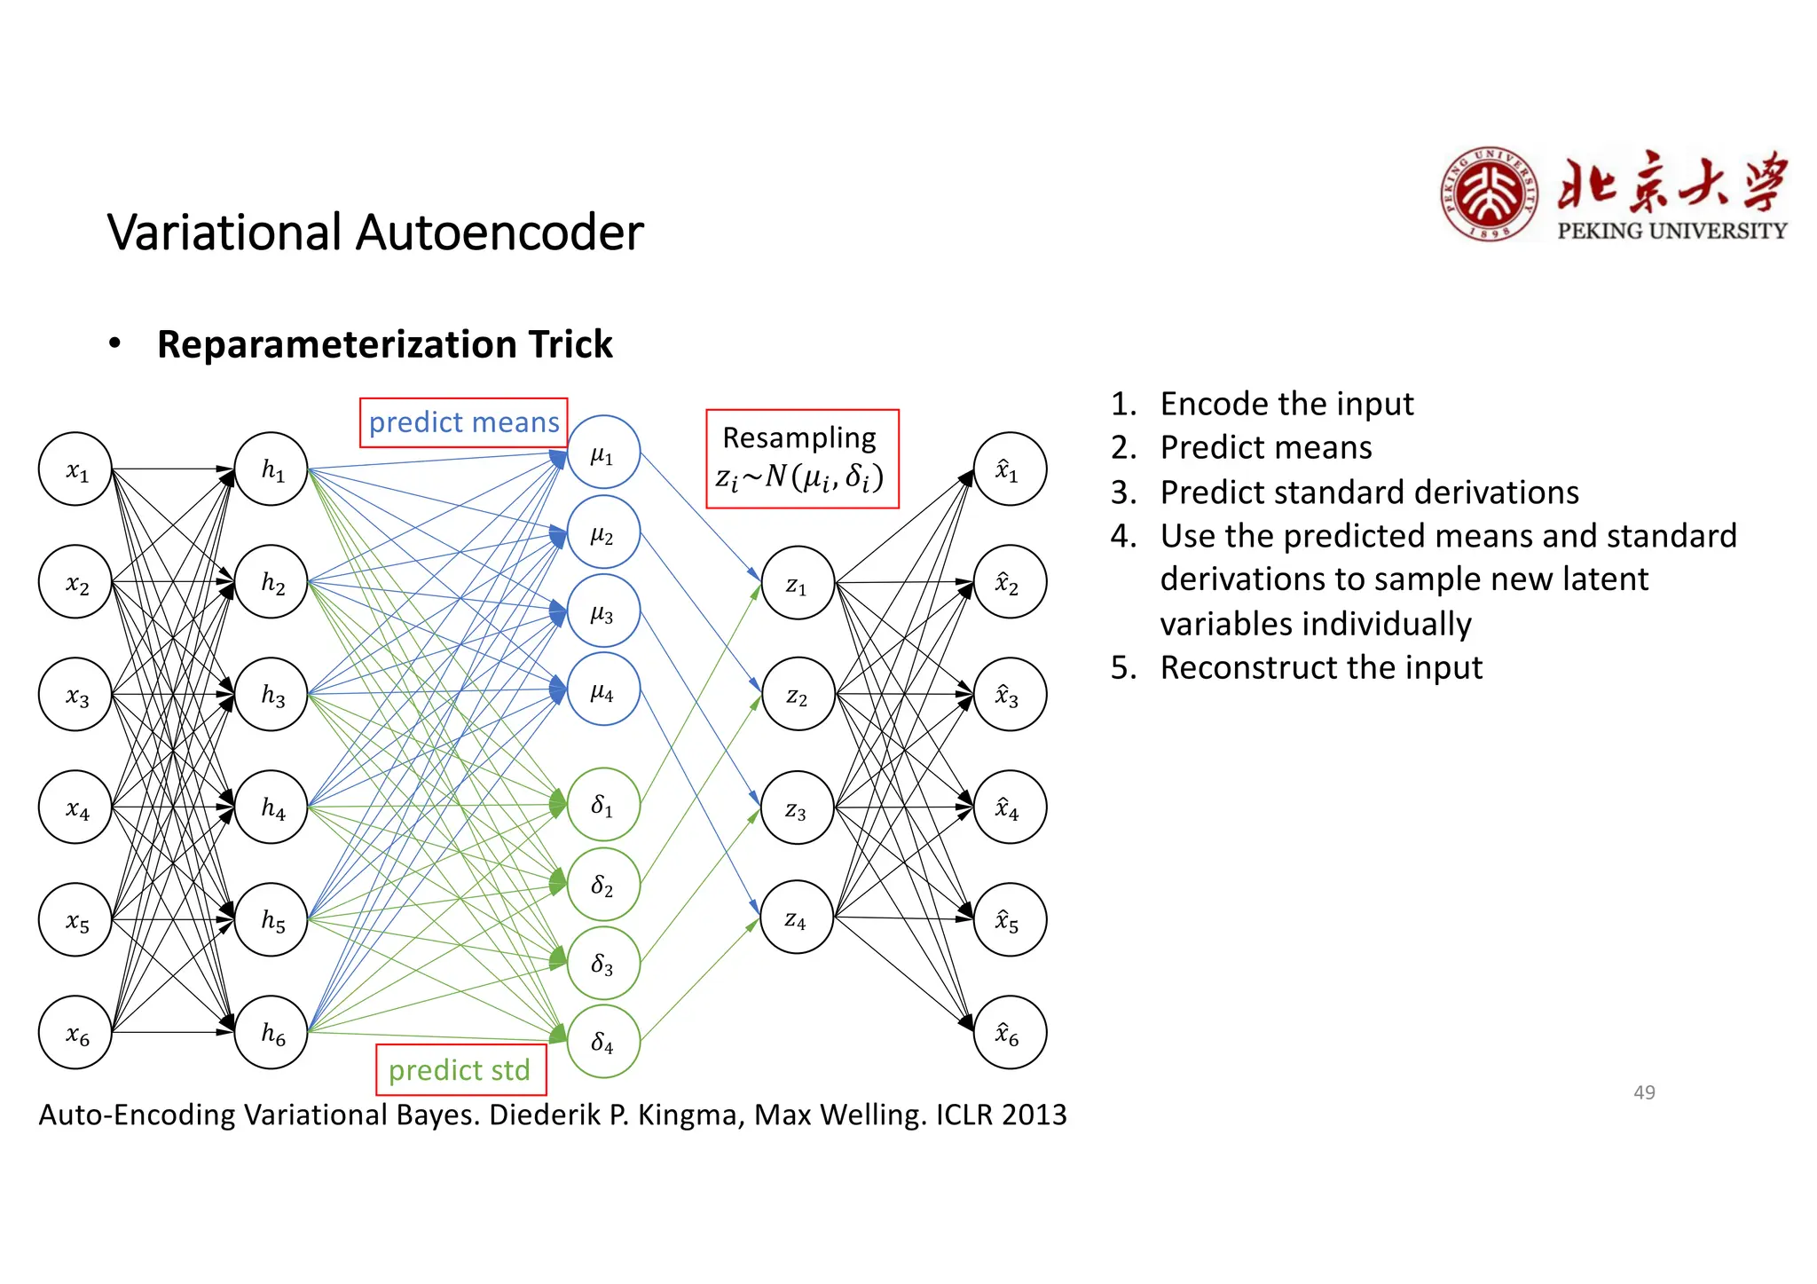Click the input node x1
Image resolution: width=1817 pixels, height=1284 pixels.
click(x=75, y=469)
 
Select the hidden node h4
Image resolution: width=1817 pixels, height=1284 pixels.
click(x=271, y=807)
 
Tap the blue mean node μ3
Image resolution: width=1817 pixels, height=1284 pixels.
click(x=603, y=611)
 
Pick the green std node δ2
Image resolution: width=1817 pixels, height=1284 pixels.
click(x=603, y=884)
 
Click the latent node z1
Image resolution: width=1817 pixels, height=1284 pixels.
click(x=798, y=583)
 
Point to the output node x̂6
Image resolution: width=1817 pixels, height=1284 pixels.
click(x=1010, y=1032)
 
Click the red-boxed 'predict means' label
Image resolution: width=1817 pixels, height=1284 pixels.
click(x=463, y=422)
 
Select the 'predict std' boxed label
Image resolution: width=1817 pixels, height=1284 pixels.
click(x=460, y=1069)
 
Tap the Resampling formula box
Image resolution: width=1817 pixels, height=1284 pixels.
click(x=801, y=459)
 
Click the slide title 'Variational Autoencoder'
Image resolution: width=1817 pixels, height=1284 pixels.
click(x=375, y=232)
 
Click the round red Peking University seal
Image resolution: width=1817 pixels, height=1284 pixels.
click(x=1488, y=194)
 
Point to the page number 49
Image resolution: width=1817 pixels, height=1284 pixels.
click(x=1644, y=1092)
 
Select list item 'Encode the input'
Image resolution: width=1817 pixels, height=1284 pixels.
click(x=1286, y=404)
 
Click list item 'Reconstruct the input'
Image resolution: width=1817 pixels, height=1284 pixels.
click(x=1320, y=667)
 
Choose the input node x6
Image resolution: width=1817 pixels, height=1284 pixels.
click(x=75, y=1032)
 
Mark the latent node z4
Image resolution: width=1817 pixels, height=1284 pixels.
click(x=796, y=918)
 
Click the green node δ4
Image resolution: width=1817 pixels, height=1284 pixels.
click(x=603, y=1041)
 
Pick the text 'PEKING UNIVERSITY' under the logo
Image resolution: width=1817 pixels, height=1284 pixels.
click(x=1671, y=231)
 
